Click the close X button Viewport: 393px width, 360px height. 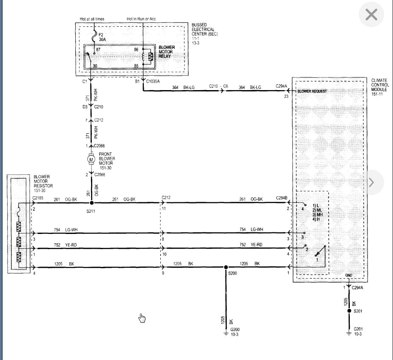[371, 14]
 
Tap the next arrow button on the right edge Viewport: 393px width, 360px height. [371, 182]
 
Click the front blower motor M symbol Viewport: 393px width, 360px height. [91, 159]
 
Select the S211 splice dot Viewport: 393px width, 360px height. [92, 203]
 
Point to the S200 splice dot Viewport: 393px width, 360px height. [226, 267]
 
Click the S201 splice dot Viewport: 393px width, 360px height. [349, 311]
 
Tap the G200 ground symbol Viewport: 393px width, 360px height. [226, 334]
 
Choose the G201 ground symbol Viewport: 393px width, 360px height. [349, 333]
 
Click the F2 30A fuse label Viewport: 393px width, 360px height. [102, 37]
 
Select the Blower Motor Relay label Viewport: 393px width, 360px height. [167, 52]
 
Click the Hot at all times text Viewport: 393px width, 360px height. [92, 19]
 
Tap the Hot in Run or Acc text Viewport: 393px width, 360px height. [141, 19]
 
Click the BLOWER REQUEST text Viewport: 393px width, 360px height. [312, 91]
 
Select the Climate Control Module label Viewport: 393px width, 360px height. [380, 87]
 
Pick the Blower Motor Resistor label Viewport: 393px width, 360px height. [43, 184]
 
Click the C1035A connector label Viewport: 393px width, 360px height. [153, 82]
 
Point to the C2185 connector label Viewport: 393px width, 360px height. [38, 198]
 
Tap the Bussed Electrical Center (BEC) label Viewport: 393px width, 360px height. [204, 34]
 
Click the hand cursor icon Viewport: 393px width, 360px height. [142, 318]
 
